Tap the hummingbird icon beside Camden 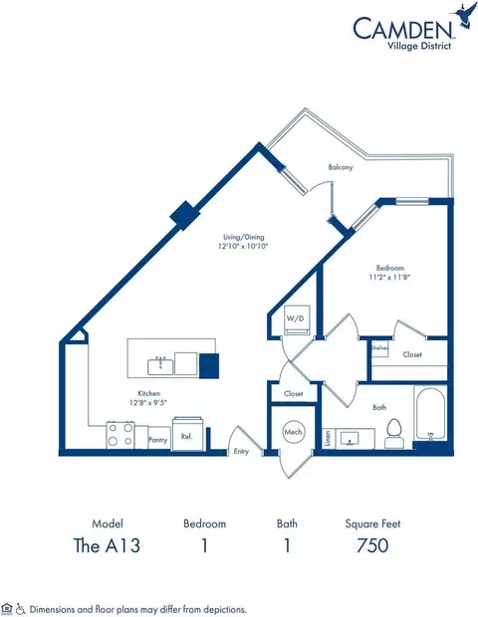pyautogui.click(x=462, y=15)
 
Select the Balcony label pyautogui.click(x=341, y=168)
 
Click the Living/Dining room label pyautogui.click(x=245, y=239)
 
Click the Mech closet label pyautogui.click(x=293, y=433)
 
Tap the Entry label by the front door pyautogui.click(x=241, y=451)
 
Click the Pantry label pyautogui.click(x=156, y=438)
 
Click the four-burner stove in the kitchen pyautogui.click(x=121, y=434)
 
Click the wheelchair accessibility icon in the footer pyautogui.click(x=21, y=607)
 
